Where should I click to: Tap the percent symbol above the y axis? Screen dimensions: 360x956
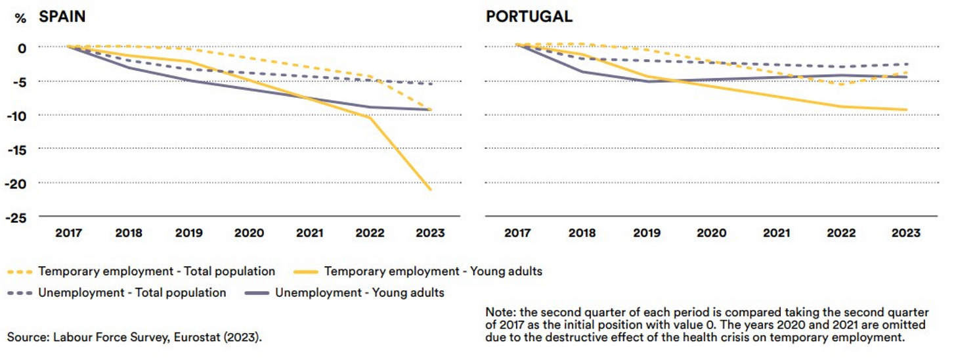(20, 18)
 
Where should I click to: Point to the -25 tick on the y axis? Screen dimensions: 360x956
(18, 217)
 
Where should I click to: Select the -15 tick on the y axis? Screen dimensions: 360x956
(18, 149)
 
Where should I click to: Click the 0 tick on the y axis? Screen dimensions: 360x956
(22, 48)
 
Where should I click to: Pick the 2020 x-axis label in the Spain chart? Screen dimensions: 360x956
(250, 233)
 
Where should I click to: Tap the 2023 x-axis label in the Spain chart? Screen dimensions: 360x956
(430, 233)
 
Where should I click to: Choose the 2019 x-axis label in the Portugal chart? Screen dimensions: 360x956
(647, 233)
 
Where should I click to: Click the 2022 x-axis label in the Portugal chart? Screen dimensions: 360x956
(841, 233)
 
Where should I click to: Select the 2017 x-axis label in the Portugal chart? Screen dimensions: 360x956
(517, 233)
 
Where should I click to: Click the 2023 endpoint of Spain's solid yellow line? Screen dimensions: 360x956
(431, 190)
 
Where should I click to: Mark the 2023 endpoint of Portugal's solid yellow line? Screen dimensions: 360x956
(907, 110)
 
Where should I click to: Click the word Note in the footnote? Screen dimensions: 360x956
(498, 311)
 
